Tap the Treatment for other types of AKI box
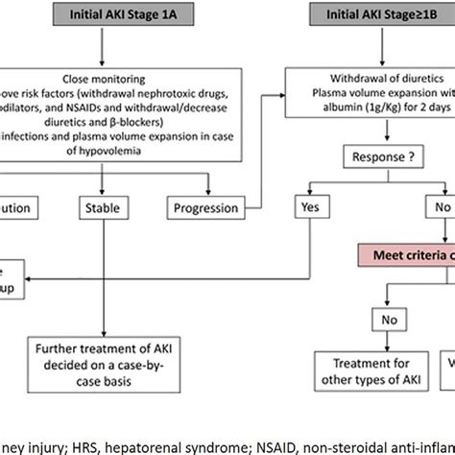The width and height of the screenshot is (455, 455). pos(348,369)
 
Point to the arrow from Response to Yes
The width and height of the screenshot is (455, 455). pos(326,181)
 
